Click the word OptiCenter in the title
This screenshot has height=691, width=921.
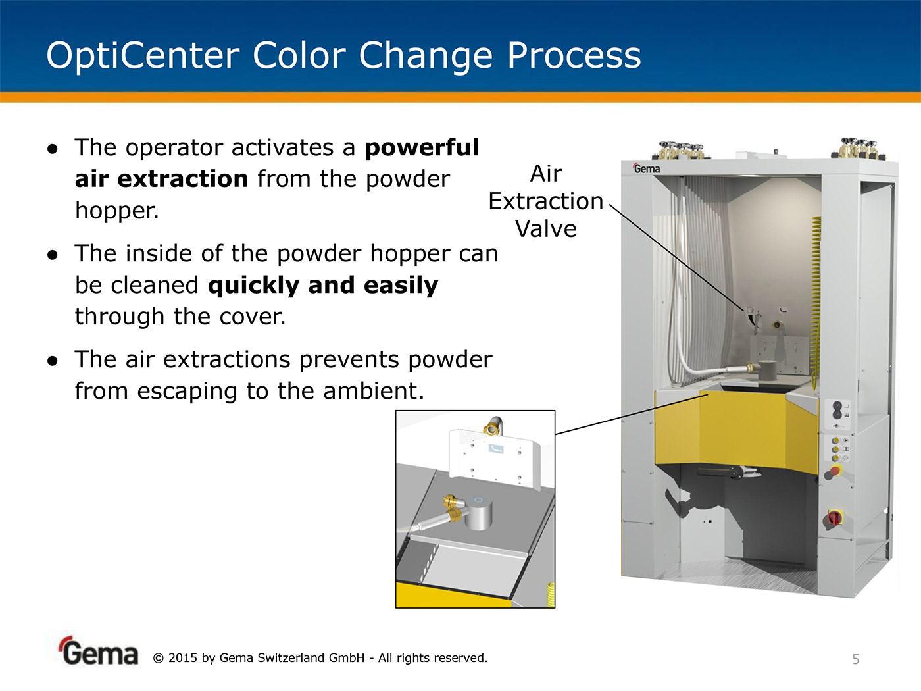(x=143, y=56)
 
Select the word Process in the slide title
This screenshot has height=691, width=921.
(x=574, y=55)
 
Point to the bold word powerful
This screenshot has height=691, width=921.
(x=422, y=148)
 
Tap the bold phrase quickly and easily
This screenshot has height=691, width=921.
(x=322, y=286)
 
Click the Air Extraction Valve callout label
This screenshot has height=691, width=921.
(x=546, y=201)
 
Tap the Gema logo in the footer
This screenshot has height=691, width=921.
(x=98, y=652)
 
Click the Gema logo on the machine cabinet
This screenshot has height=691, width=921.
(x=646, y=168)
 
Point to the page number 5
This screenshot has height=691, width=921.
(x=856, y=659)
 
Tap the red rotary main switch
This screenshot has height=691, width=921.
(x=834, y=518)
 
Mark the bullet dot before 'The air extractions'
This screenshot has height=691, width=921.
(x=53, y=360)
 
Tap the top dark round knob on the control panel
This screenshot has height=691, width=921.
(x=837, y=405)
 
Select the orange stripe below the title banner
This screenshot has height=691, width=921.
(x=460, y=97)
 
